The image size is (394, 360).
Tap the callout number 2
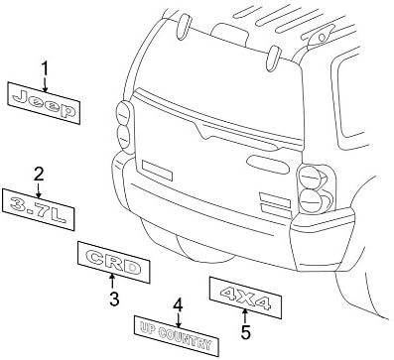tap(39, 175)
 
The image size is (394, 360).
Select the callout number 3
tap(113, 298)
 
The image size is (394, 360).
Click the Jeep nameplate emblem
tap(44, 102)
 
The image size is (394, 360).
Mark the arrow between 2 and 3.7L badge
tap(39, 187)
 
